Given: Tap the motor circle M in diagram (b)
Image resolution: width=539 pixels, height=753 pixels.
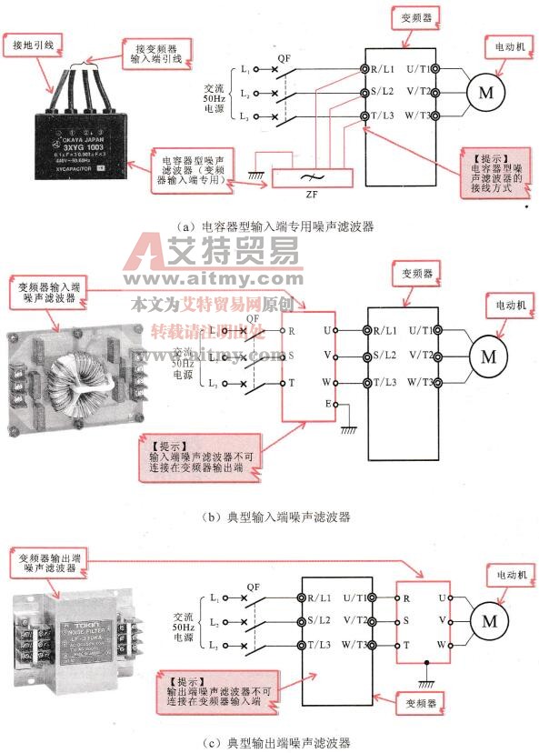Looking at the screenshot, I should (488, 356).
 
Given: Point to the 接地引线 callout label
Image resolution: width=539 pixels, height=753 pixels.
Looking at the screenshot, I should (32, 44).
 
